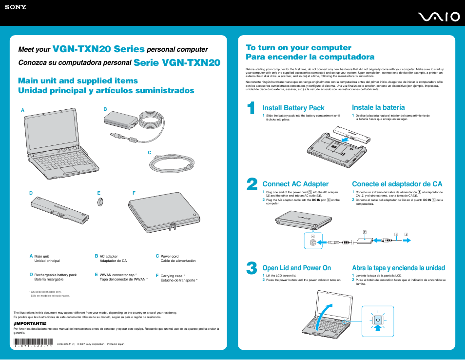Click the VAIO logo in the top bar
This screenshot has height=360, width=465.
tap(438, 17)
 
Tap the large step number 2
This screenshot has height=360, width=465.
tap(252, 184)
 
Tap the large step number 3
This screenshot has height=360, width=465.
tap(252, 269)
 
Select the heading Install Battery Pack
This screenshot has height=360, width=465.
tap(293, 108)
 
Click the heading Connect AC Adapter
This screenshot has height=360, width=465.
tap(295, 184)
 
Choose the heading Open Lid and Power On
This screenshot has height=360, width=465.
tap(296, 268)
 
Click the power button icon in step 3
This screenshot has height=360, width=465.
tap(378, 320)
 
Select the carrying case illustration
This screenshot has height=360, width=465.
tap(163, 212)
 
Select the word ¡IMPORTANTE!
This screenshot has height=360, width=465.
tap(30, 323)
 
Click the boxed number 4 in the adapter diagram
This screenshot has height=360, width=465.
tap(313, 237)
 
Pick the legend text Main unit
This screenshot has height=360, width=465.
tap(41, 257)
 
